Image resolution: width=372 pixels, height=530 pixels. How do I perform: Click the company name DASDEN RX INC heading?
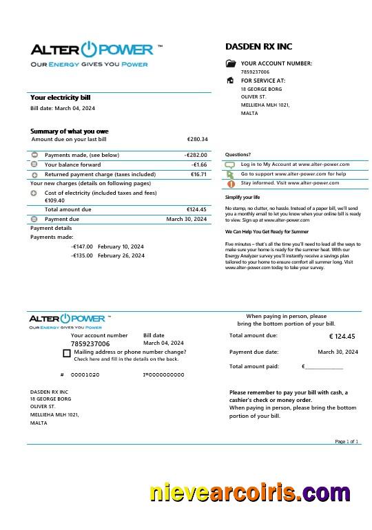point(258,46)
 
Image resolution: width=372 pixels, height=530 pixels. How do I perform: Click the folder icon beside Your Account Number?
point(231,63)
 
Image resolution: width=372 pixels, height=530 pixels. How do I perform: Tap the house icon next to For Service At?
point(230,81)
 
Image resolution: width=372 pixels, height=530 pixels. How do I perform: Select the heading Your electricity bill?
point(60,98)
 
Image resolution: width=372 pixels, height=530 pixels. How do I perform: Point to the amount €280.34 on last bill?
point(197,139)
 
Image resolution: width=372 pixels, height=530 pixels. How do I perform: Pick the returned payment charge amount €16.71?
point(198,174)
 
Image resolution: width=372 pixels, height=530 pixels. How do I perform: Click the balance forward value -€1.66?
point(199,165)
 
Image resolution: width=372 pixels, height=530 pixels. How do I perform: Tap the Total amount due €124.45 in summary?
point(196,209)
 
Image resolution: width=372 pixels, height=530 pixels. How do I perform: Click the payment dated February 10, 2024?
point(121,246)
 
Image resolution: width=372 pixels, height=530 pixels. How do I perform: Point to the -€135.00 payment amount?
point(82,255)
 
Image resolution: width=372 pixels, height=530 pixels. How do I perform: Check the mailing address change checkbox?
point(66,353)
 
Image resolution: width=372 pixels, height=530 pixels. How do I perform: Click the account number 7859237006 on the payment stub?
point(90,343)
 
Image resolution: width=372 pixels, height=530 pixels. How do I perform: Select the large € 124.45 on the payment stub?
point(342,337)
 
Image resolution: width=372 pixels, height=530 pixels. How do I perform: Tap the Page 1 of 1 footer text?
point(347,441)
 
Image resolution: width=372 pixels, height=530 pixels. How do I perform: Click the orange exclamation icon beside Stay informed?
point(231,184)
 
